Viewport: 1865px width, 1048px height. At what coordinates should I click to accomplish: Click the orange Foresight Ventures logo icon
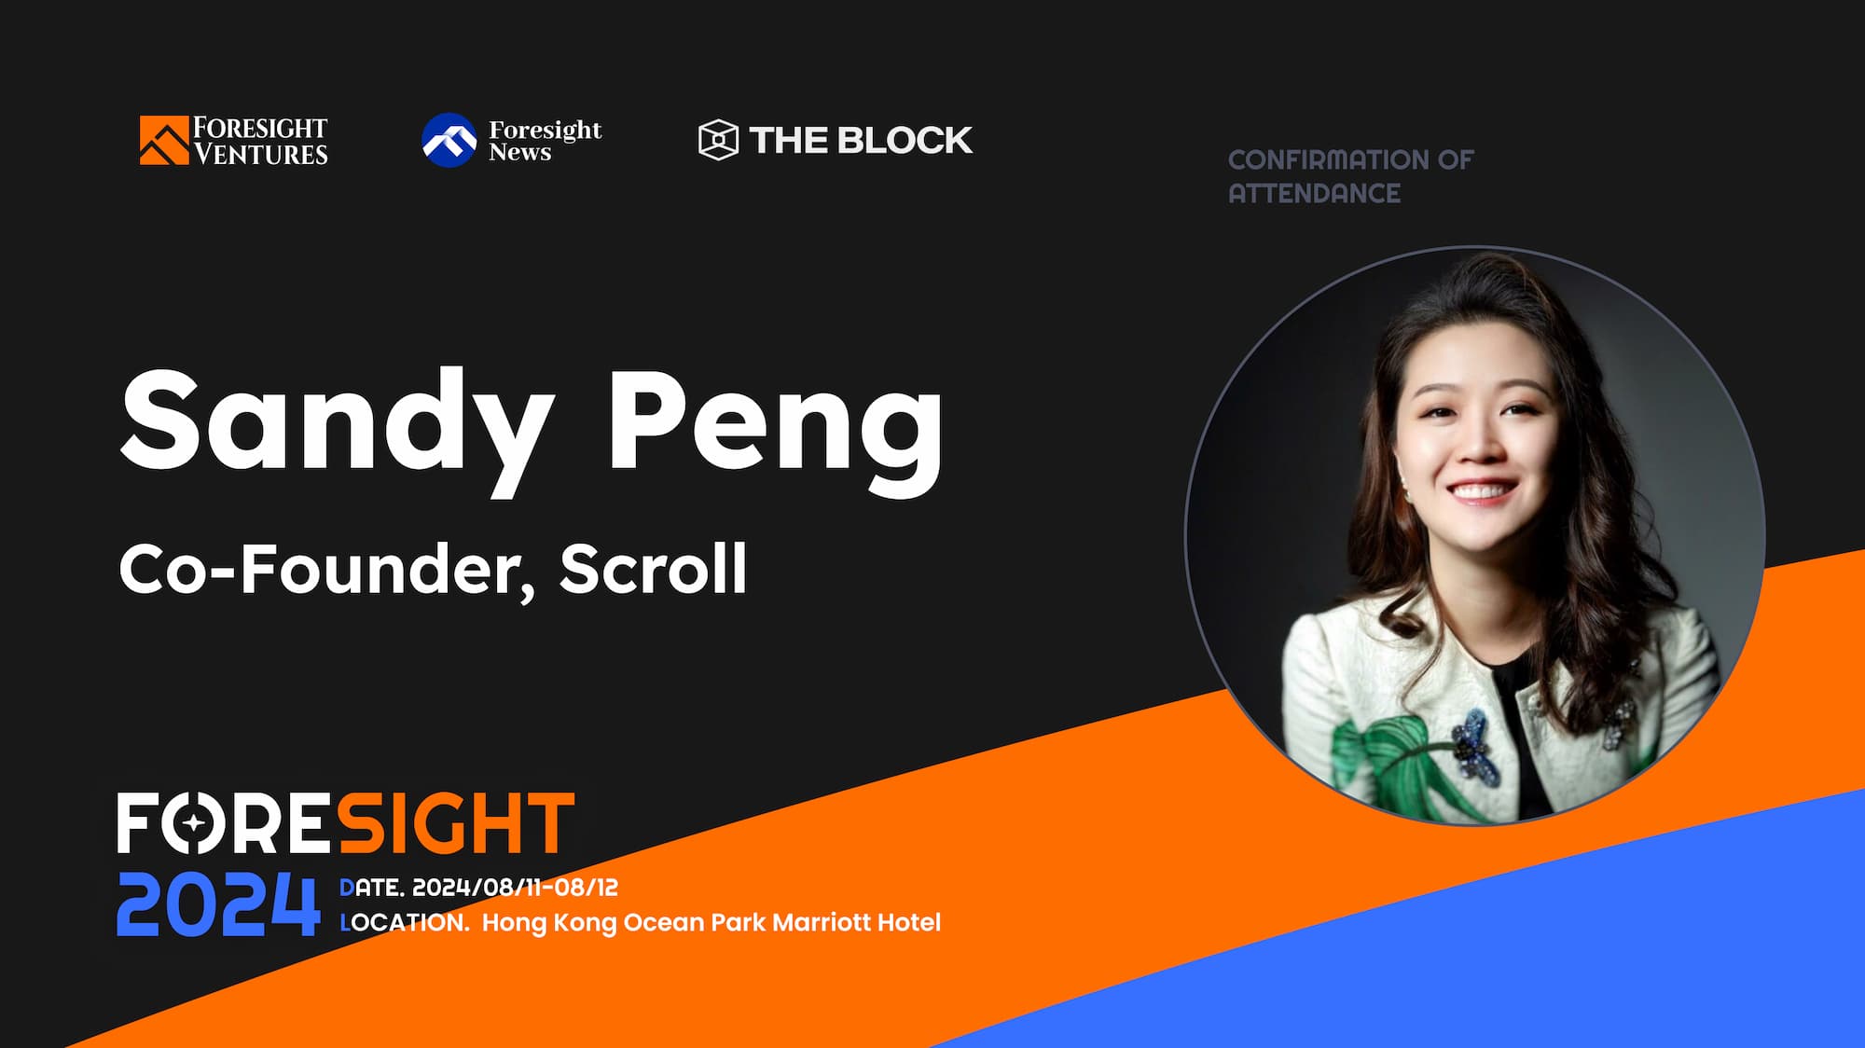(164, 140)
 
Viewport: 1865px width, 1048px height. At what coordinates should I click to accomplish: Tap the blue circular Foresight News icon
(449, 140)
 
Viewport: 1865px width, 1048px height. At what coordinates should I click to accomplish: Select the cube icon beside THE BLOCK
(718, 140)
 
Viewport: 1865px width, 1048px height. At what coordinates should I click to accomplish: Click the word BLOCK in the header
(905, 140)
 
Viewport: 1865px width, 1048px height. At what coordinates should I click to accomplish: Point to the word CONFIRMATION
(1329, 159)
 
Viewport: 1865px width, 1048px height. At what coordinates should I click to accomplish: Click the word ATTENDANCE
(1314, 193)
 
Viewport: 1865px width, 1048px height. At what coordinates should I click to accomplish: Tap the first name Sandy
(336, 421)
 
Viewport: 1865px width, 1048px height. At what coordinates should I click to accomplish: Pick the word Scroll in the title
(653, 568)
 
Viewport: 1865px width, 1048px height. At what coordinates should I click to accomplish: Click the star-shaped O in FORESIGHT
(194, 823)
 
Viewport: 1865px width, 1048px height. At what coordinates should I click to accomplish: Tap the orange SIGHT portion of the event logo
(454, 823)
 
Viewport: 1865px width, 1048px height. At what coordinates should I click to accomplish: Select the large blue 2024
(218, 903)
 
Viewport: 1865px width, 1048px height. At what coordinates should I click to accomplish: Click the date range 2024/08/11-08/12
(515, 887)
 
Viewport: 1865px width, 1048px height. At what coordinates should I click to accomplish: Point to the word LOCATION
(405, 922)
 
